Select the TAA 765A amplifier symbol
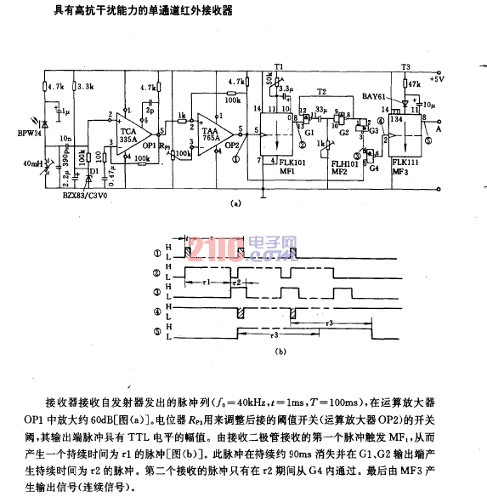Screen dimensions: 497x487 coord(211,133)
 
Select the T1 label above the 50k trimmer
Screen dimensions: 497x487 coord(279,65)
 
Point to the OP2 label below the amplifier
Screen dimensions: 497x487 coord(230,145)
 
